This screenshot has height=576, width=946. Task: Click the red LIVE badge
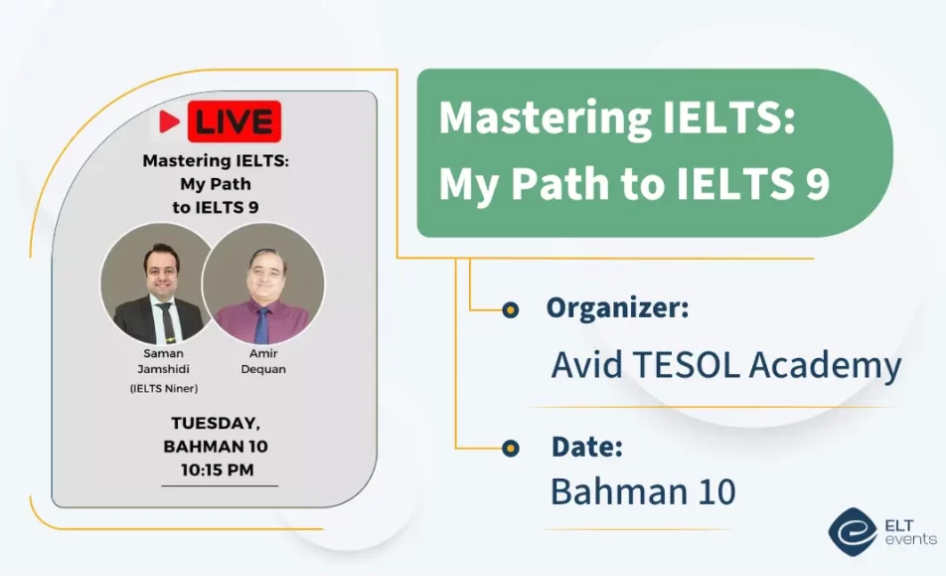pyautogui.click(x=236, y=121)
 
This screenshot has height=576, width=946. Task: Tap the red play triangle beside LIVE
pyautogui.click(x=170, y=121)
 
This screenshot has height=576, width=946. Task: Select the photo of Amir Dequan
pyautogui.click(x=263, y=284)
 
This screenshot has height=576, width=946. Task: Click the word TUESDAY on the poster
pyautogui.click(x=216, y=423)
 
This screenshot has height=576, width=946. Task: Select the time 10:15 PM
pyautogui.click(x=216, y=469)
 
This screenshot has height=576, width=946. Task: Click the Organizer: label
pyautogui.click(x=616, y=308)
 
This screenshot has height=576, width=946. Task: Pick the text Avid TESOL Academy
pyautogui.click(x=726, y=365)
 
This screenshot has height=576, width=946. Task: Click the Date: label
pyautogui.click(x=586, y=447)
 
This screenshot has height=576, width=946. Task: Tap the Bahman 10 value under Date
pyautogui.click(x=643, y=490)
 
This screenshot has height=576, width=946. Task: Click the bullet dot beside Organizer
pyautogui.click(x=511, y=310)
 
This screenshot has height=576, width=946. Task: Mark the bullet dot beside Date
pyautogui.click(x=511, y=448)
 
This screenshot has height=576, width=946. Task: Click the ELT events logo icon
pyautogui.click(x=853, y=531)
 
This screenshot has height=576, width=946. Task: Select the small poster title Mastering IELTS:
pyautogui.click(x=216, y=161)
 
